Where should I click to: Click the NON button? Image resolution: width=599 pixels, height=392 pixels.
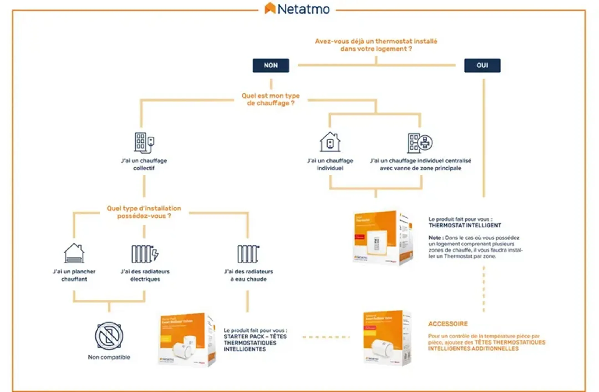[271, 66]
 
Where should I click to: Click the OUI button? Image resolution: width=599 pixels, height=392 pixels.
[482, 66]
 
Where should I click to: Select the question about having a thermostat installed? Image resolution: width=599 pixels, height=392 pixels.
[376, 45]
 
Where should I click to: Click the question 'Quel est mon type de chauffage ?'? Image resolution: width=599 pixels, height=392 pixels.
[271, 99]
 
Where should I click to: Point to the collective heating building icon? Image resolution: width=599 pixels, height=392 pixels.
[144, 143]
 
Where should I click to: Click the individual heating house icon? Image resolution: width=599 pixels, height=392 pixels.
[330, 142]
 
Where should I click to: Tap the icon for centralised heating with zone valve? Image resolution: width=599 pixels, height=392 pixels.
[420, 143]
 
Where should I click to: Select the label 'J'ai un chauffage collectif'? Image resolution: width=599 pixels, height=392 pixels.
[144, 164]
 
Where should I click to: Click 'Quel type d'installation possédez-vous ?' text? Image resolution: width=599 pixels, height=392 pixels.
[144, 212]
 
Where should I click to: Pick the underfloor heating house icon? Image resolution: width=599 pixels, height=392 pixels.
[74, 253]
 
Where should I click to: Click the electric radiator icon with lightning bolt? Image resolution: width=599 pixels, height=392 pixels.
[145, 254]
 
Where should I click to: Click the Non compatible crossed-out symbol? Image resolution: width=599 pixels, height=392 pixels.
[109, 336]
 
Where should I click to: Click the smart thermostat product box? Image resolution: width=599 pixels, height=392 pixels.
[383, 238]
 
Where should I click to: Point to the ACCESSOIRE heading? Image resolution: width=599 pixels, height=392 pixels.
[448, 324]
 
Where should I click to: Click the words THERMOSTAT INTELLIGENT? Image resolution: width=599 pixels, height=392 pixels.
[465, 225]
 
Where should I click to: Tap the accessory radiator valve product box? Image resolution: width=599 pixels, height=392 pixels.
[387, 338]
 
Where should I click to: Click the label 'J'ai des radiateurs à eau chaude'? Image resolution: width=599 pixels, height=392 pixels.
[248, 275]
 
